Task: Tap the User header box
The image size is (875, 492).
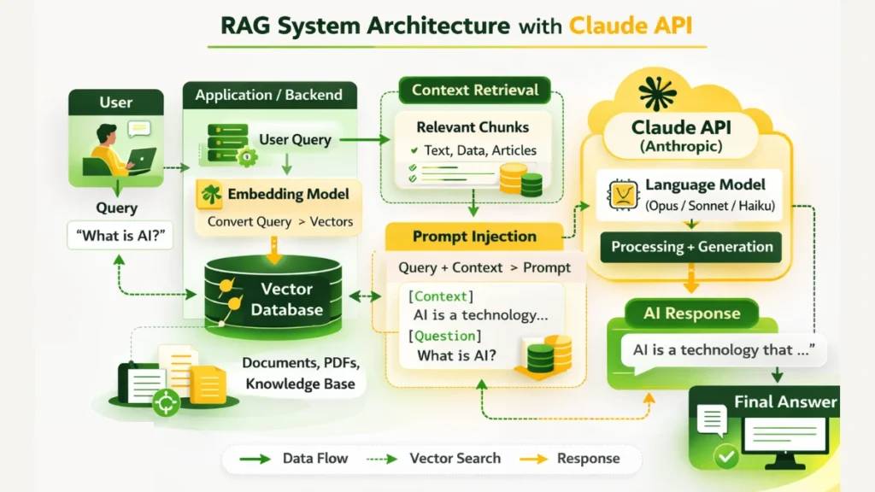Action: [115, 102]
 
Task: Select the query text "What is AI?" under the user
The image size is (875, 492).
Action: [120, 235]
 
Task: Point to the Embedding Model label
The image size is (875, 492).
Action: [288, 194]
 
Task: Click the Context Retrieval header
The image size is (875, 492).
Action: [475, 90]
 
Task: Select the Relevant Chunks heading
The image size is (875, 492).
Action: [473, 127]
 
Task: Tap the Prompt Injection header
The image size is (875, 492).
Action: [474, 237]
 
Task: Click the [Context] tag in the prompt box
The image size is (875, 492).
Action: [439, 296]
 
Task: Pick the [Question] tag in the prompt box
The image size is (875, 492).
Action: [444, 336]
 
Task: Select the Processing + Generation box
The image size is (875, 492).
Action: [691, 248]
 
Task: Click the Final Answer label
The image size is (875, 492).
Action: [785, 401]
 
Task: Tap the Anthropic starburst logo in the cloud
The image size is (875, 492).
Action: [656, 92]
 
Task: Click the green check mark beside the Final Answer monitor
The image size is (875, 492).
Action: [727, 456]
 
